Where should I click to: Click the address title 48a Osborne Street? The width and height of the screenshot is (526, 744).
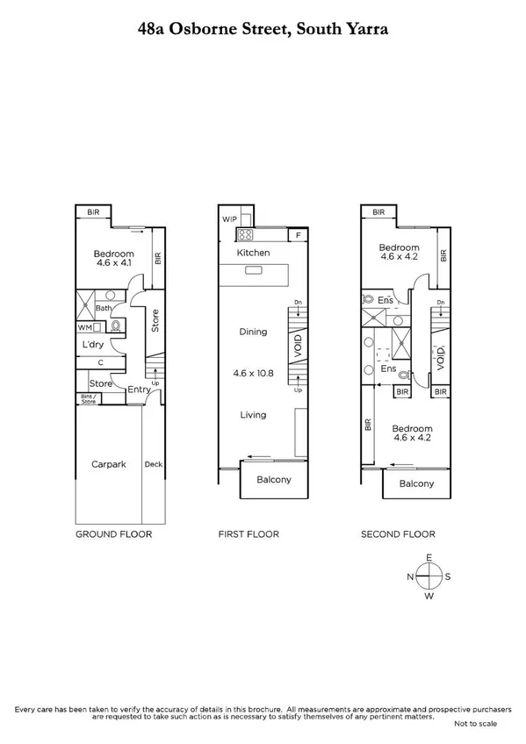[263, 29]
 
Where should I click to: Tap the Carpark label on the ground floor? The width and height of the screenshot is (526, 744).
[108, 464]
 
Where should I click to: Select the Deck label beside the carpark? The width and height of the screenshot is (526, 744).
[153, 464]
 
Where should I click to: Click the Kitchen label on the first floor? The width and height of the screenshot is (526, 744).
[253, 253]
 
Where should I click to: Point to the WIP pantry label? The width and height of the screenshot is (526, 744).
[230, 218]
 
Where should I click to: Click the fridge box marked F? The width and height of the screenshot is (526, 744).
[299, 235]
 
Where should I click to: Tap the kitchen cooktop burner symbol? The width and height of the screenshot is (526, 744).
[245, 235]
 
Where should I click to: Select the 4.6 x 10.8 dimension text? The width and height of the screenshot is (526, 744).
[253, 372]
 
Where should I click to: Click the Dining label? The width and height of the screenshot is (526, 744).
[253, 332]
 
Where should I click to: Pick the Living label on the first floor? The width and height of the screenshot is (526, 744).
[253, 415]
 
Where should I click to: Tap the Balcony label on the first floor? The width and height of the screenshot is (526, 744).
[273, 480]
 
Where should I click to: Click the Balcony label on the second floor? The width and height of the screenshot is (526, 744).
[416, 483]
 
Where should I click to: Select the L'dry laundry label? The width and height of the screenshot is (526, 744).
[94, 345]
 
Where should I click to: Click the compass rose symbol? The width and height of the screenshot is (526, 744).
[429, 576]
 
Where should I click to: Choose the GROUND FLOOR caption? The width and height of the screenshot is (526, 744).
[113, 533]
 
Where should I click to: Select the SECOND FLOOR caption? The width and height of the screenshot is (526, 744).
[398, 533]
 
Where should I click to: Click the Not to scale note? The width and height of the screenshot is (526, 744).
[475, 723]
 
